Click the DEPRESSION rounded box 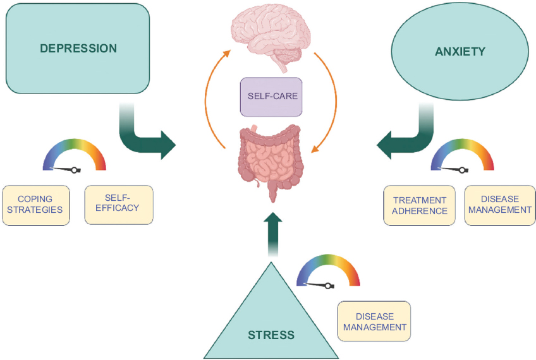click(x=78, y=49)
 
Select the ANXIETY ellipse click(x=460, y=51)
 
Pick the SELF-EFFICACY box click(x=119, y=205)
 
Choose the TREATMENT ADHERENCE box click(x=420, y=205)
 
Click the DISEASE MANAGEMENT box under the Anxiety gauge click(x=499, y=205)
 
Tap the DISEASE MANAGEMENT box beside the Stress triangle click(x=374, y=321)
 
